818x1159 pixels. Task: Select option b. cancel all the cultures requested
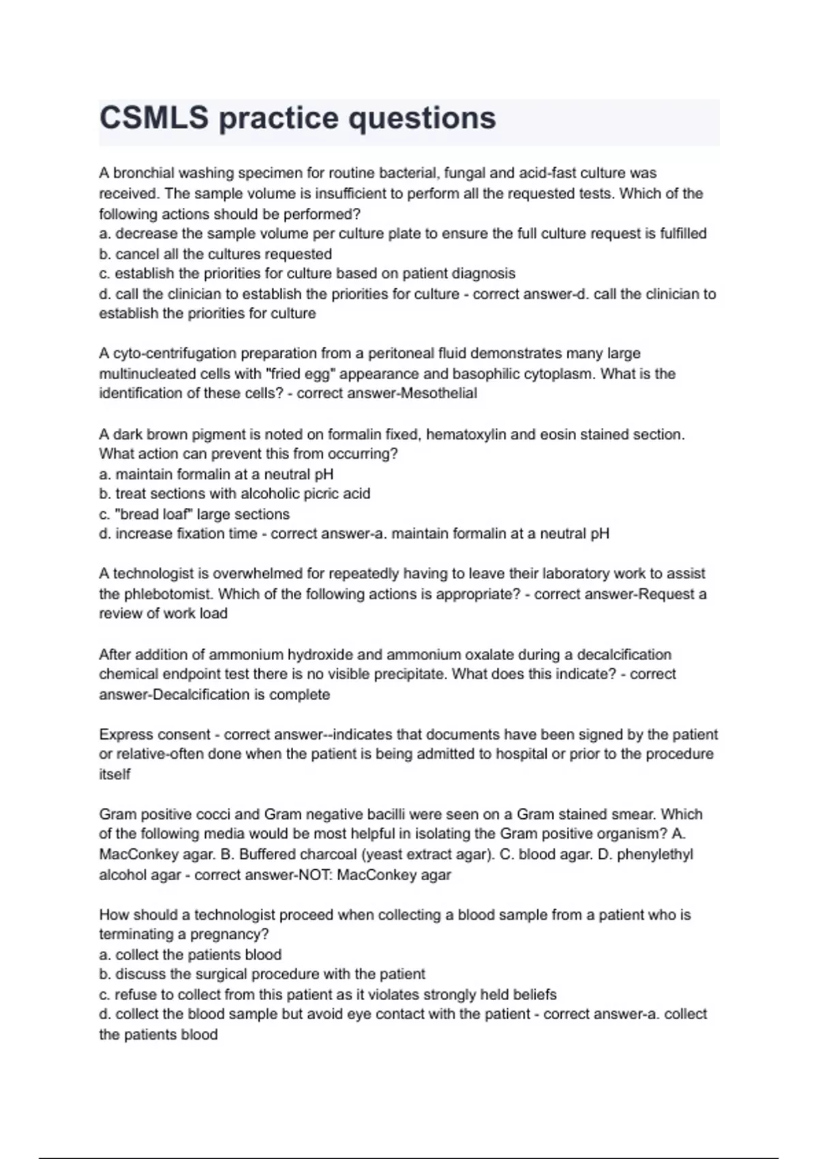215,254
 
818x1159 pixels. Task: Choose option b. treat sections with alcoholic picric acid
234,494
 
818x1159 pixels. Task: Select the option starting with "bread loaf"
194,514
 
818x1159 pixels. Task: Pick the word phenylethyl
655,854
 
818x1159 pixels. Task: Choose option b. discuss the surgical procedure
262,974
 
